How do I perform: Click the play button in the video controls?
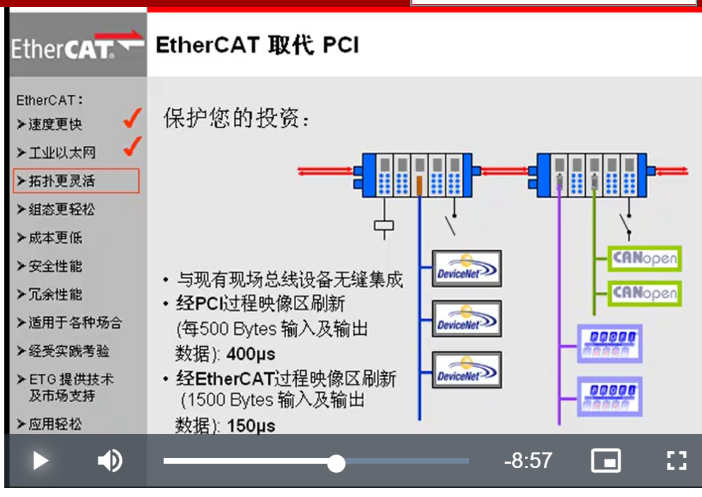tap(40, 462)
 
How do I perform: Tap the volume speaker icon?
tap(109, 461)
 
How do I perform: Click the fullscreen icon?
tap(676, 461)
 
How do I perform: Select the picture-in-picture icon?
tap(606, 461)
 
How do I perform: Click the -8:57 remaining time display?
tap(528, 461)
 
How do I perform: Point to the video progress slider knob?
tap(336, 464)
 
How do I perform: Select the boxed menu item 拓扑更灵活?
tap(76, 181)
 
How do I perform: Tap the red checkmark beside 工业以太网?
tap(132, 147)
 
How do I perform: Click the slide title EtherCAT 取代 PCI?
tap(257, 46)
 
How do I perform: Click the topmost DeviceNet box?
tap(467, 268)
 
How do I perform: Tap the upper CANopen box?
tap(644, 258)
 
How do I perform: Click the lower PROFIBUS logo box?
tap(609, 396)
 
